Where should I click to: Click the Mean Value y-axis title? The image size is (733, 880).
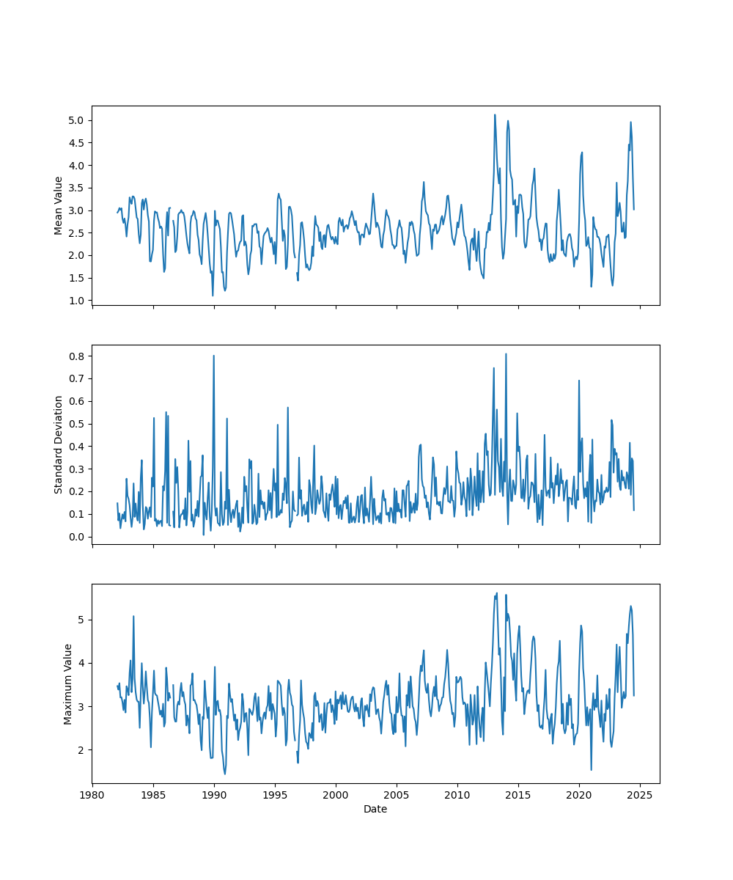(59, 205)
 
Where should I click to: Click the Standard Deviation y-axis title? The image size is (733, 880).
(59, 444)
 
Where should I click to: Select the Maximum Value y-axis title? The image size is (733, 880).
(68, 683)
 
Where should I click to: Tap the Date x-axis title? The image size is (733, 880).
(375, 809)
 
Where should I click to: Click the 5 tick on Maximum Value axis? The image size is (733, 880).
(82, 620)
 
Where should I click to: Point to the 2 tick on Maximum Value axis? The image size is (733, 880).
(82, 749)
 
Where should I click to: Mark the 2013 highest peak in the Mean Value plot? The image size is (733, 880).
(495, 114)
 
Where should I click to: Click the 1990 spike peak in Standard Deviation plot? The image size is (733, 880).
(214, 356)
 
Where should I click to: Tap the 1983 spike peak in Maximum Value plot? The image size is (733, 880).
(133, 616)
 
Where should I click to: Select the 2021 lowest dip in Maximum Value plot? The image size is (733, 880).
(592, 769)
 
